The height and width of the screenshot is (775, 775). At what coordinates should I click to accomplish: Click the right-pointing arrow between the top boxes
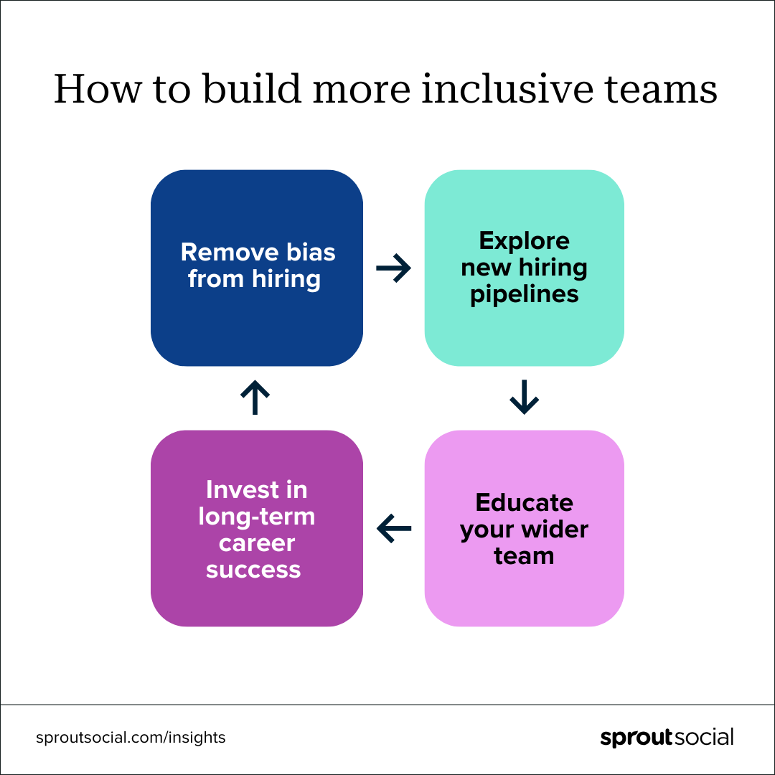pos(393,268)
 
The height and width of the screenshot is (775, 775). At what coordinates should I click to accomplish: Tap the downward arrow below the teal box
pos(524,397)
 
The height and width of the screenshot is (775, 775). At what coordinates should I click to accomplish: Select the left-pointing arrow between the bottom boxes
pos(393,528)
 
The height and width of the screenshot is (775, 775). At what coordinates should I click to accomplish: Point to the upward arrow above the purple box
pos(255,397)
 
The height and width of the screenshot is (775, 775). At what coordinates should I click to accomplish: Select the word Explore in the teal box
pos(524,241)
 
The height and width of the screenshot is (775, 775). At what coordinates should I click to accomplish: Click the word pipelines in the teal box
pos(524,295)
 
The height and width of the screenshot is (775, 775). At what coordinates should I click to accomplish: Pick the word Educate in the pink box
pos(524,502)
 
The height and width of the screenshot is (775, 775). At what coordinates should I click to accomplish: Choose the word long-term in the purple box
pos(256,517)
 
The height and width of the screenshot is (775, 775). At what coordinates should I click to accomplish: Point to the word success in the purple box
pos(253,570)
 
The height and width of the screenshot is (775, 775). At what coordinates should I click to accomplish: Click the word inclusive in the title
pos(507,88)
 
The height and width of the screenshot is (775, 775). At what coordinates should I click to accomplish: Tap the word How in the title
pos(98,89)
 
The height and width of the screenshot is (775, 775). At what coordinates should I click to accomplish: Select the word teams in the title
pos(661,90)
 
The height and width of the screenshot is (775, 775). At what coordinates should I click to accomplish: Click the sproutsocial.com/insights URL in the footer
pos(131,738)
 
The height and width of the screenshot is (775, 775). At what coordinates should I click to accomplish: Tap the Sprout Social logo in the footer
pos(667,738)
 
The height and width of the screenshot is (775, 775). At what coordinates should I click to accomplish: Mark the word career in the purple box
pos(256,543)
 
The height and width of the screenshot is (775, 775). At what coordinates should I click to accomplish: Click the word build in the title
pos(252,88)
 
